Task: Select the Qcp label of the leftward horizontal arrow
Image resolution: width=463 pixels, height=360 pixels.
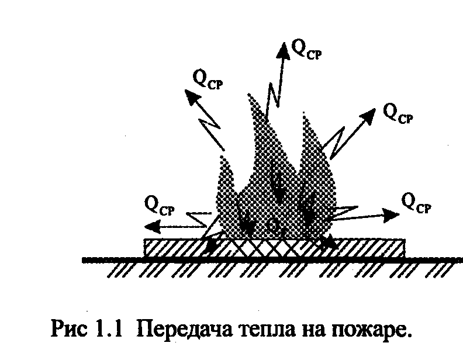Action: point(158,205)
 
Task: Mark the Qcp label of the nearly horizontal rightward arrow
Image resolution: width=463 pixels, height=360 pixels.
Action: point(417,203)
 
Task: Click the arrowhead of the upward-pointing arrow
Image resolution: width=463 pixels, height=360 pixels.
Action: point(284,49)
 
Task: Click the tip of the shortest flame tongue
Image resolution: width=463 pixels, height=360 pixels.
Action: point(222,156)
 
